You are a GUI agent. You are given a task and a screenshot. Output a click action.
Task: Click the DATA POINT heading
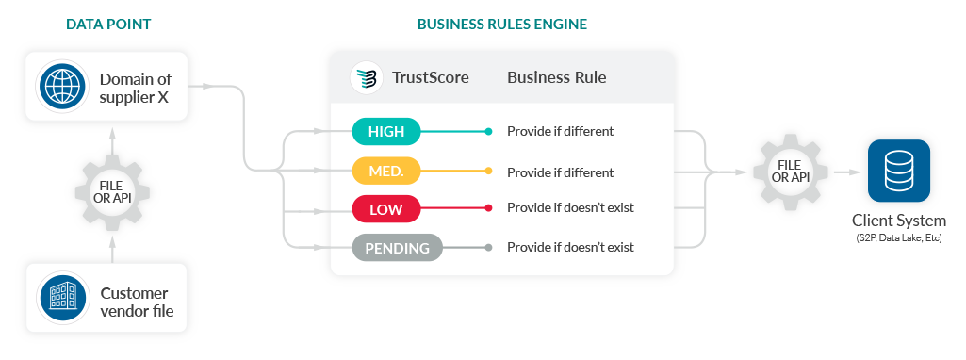click(x=108, y=24)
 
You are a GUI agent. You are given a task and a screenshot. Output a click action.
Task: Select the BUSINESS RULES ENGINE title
click(x=501, y=24)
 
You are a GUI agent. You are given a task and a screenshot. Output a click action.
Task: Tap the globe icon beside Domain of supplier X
click(x=62, y=85)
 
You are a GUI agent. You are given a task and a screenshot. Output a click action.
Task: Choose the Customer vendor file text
click(x=137, y=302)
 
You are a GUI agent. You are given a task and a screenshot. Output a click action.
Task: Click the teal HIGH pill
click(x=386, y=131)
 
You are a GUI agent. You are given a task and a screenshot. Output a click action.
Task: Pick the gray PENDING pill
click(x=397, y=248)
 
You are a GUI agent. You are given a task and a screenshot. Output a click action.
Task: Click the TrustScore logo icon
click(x=367, y=77)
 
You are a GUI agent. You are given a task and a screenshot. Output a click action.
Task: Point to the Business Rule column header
click(x=556, y=77)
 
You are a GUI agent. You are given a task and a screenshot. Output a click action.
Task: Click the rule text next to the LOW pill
click(x=570, y=207)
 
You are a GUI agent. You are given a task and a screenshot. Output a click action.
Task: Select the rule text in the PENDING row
click(x=570, y=248)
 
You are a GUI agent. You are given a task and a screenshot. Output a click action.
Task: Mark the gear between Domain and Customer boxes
click(x=112, y=192)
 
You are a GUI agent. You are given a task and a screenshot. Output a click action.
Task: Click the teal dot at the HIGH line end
click(x=488, y=131)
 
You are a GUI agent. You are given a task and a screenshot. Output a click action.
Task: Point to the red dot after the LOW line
click(x=488, y=207)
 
